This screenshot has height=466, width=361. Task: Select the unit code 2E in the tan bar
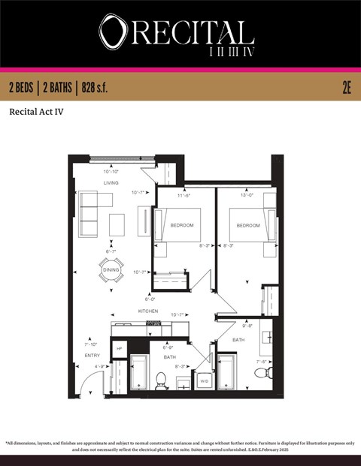point(347,88)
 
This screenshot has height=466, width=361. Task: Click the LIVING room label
point(111,183)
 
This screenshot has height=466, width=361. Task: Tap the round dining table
point(111,270)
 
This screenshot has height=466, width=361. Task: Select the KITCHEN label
point(147,311)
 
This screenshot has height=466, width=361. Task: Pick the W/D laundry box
point(204,381)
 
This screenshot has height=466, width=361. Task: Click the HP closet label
point(119,349)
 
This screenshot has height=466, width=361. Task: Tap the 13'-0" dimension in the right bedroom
point(247,196)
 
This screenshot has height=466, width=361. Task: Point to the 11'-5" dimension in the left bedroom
point(183,196)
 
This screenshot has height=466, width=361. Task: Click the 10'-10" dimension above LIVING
point(111,173)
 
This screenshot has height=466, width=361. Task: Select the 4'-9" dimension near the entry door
point(100,366)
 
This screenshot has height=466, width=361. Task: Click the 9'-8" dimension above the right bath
point(247,326)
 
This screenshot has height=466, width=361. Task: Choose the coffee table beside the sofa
point(117,224)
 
